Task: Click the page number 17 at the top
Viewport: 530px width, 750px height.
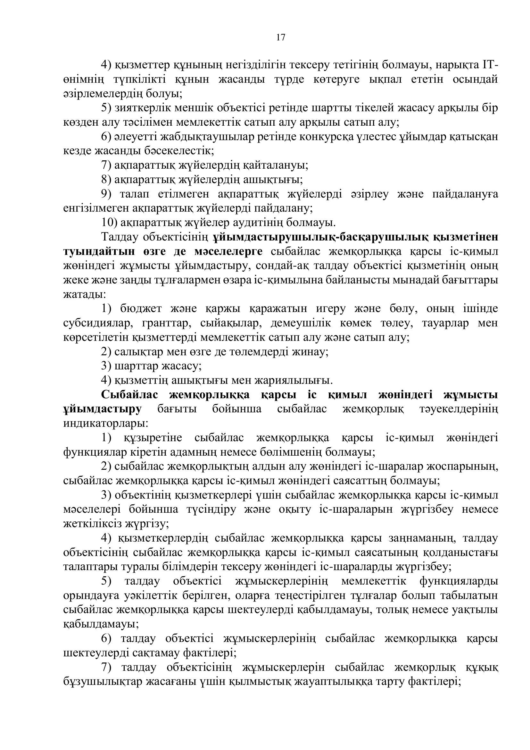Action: click(x=280, y=38)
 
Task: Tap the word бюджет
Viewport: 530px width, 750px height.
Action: click(x=141, y=308)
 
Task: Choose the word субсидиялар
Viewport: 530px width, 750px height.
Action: click(x=98, y=323)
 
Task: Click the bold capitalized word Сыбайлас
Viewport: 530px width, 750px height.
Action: click(x=129, y=395)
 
